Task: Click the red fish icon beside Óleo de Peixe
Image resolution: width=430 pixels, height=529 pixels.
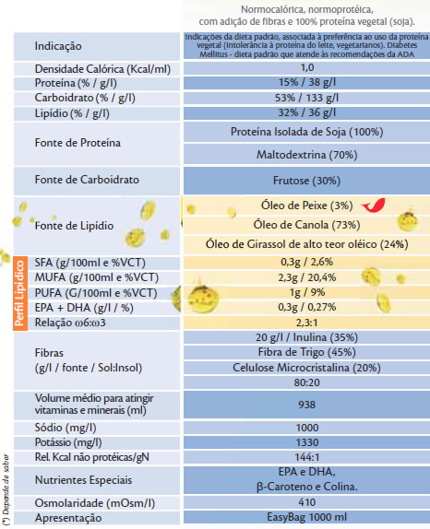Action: click(x=374, y=206)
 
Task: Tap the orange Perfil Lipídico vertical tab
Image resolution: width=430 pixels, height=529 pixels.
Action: click(x=20, y=293)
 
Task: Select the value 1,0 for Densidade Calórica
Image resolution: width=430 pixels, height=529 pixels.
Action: click(x=307, y=68)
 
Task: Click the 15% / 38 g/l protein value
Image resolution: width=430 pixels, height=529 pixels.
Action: click(x=307, y=83)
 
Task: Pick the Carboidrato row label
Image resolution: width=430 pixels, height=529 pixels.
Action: click(x=85, y=98)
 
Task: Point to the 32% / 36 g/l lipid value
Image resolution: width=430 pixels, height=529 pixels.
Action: click(x=307, y=112)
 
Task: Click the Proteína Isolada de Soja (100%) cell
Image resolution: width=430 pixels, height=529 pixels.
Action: click(x=306, y=132)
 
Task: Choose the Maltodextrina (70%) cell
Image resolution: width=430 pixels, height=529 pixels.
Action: click(x=306, y=155)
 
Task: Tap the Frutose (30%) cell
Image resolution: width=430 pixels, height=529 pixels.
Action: click(x=306, y=181)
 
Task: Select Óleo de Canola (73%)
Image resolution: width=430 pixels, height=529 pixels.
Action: click(x=306, y=225)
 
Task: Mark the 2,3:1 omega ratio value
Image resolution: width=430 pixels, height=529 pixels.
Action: click(x=306, y=323)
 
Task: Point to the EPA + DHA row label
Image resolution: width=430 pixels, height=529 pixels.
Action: click(x=84, y=308)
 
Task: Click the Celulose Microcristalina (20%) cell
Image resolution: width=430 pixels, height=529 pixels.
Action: click(x=306, y=368)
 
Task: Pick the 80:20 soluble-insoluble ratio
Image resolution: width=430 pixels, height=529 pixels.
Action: click(x=306, y=382)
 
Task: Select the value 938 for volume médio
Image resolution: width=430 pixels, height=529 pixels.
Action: click(x=306, y=405)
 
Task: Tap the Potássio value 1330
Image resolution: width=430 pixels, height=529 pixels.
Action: click(x=306, y=442)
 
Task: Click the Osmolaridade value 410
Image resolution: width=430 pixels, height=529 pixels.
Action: click(x=306, y=502)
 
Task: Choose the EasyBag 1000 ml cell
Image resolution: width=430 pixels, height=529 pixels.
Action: click(x=306, y=517)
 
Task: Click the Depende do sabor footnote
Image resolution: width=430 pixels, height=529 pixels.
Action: click(x=6, y=490)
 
